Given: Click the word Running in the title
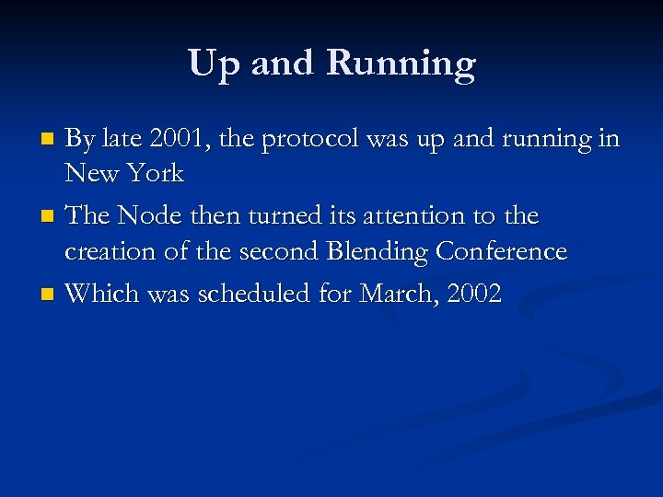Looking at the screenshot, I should (401, 64).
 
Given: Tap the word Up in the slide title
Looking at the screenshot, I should (215, 64).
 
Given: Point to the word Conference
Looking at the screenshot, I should (501, 251).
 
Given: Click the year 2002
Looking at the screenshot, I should (472, 295).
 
